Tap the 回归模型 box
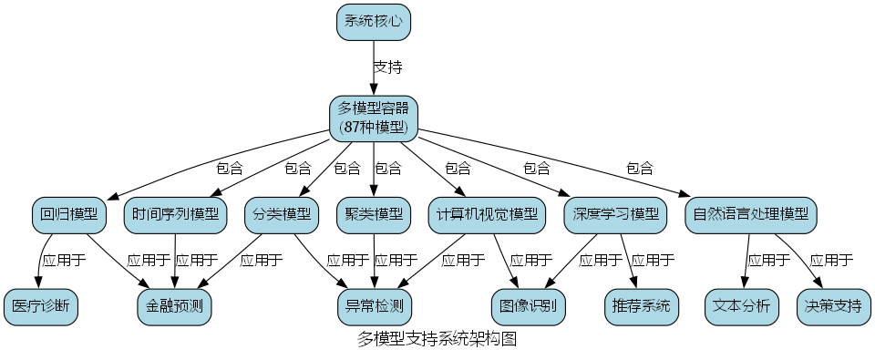click(x=69, y=215)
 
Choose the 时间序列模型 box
click(x=175, y=215)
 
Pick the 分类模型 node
click(x=283, y=215)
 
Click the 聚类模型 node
click(x=374, y=215)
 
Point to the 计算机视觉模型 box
click(x=487, y=215)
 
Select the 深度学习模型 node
click(x=615, y=215)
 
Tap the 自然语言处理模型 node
click(x=750, y=215)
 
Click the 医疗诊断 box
click(x=40, y=305)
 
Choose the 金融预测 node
click(x=175, y=305)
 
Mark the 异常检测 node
click(x=374, y=305)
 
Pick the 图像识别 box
click(x=529, y=305)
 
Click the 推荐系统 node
click(x=642, y=305)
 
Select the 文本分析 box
click(x=741, y=305)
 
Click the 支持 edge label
click(x=388, y=67)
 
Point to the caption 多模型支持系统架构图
click(x=437, y=341)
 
